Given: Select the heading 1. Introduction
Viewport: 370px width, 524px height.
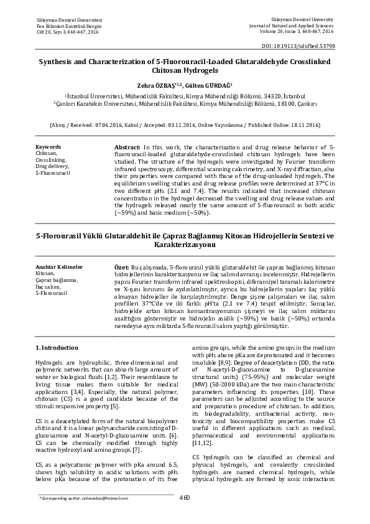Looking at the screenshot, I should click(57, 347).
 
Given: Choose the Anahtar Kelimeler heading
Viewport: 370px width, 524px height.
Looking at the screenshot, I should click(58, 267).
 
